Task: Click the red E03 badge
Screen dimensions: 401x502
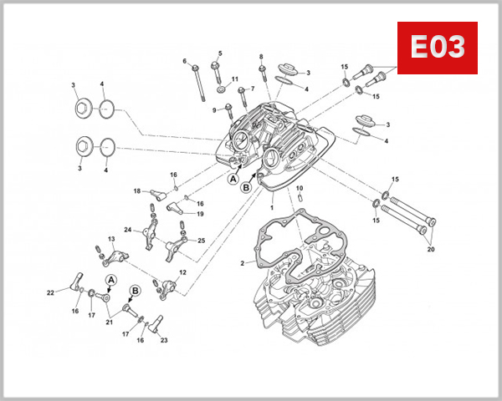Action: click(437, 48)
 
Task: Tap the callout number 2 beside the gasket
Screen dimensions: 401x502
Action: click(243, 263)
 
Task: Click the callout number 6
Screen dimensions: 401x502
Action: click(185, 61)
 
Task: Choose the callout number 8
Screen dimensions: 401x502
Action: click(261, 57)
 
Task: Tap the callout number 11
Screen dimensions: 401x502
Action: click(235, 79)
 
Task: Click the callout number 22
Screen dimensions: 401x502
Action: click(50, 292)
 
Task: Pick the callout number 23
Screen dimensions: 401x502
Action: click(163, 340)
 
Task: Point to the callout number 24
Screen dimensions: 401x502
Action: click(128, 230)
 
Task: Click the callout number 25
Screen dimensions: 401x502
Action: click(202, 241)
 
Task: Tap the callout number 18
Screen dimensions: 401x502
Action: click(136, 191)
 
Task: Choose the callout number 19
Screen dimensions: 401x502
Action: click(200, 215)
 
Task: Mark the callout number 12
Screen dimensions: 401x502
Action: click(182, 273)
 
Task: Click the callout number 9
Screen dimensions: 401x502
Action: click(214, 110)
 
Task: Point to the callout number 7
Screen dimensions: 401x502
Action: click(252, 89)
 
